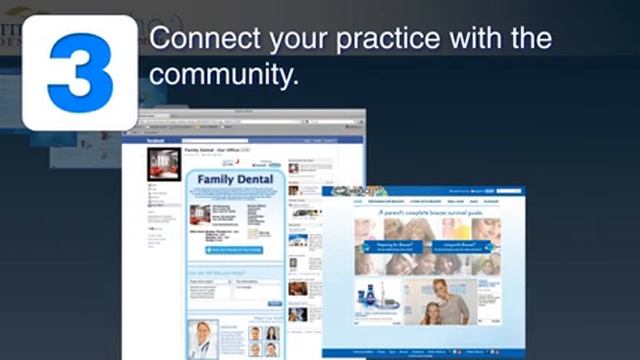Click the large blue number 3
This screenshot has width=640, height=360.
(79, 71)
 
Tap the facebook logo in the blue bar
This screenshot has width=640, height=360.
(156, 142)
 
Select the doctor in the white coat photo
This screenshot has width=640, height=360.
(205, 339)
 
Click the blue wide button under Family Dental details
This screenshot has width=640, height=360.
(235, 250)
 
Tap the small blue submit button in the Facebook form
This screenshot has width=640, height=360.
(274, 303)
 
